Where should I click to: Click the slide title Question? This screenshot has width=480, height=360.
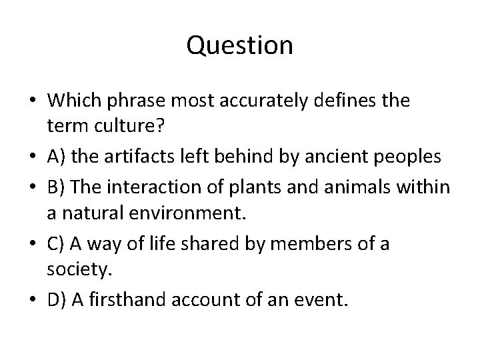coord(240,45)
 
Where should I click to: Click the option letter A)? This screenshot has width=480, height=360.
coord(57,157)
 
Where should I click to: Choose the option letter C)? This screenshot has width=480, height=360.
coord(57,245)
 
